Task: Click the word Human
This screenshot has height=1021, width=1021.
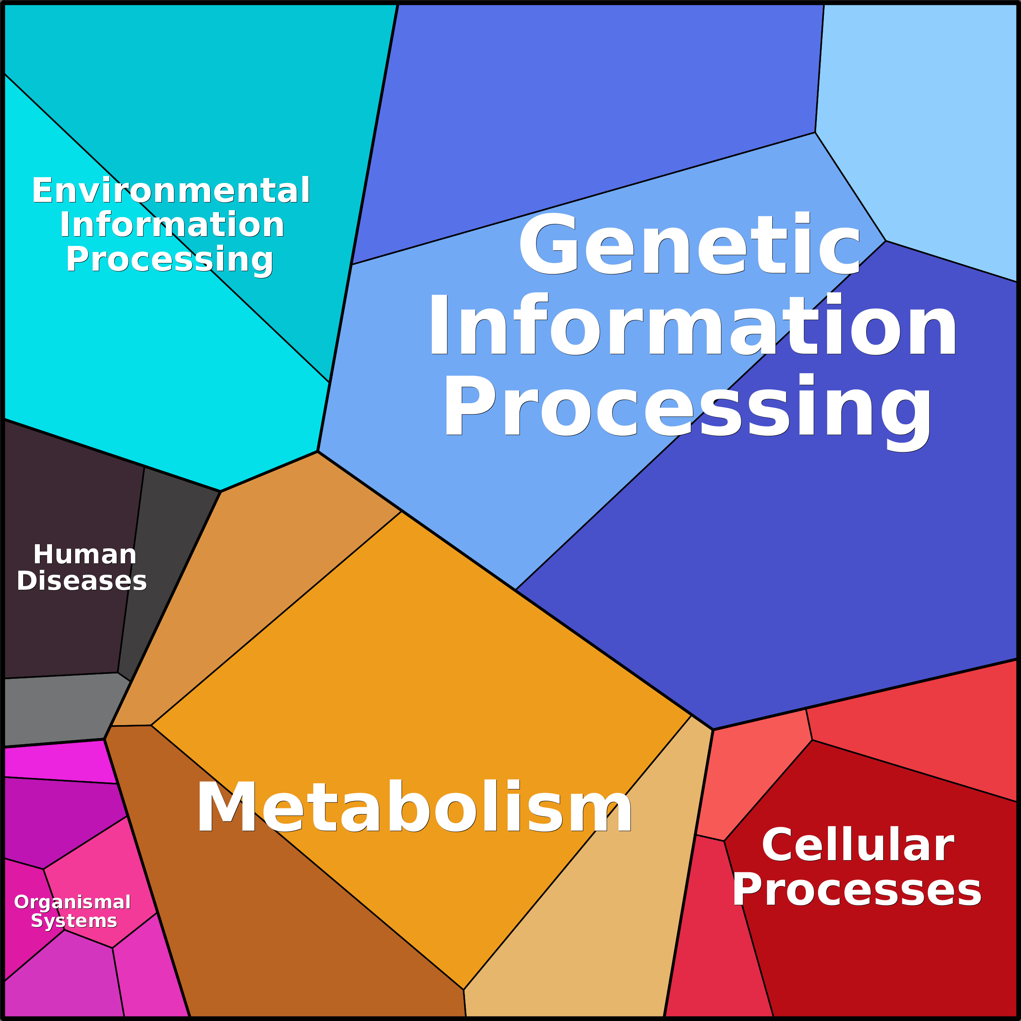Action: point(85,554)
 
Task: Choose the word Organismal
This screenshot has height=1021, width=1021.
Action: point(72,902)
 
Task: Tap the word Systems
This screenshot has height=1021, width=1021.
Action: point(74,921)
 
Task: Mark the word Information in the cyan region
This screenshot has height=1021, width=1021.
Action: point(172,225)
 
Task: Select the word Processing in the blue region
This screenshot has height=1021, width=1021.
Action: point(687,407)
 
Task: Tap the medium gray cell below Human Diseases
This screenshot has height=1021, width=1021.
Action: point(58,708)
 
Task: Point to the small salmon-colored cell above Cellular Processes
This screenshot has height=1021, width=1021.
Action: point(750,777)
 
